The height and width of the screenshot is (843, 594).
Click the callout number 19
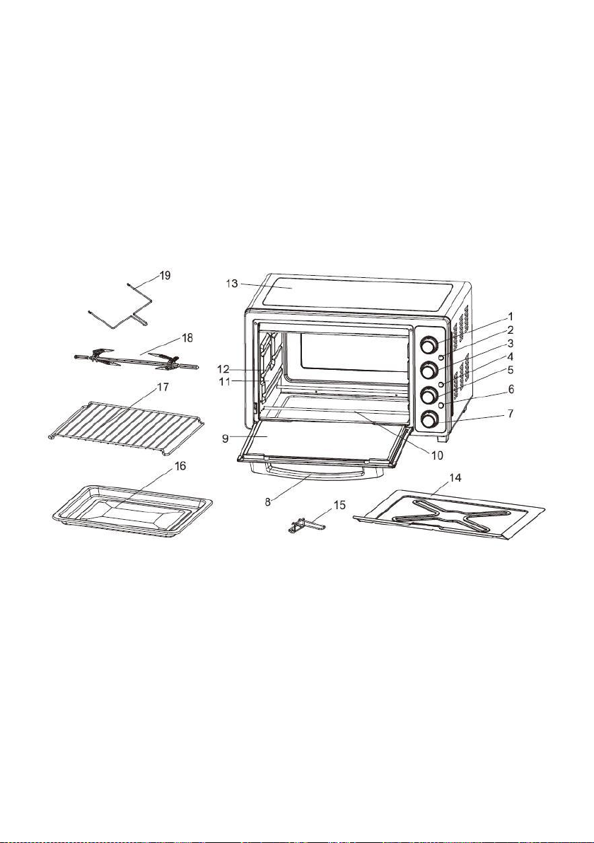(x=165, y=275)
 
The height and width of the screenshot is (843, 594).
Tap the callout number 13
(x=232, y=284)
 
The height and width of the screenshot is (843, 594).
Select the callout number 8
(x=267, y=501)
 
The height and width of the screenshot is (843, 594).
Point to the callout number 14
(x=455, y=477)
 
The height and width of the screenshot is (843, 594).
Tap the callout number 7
(x=510, y=414)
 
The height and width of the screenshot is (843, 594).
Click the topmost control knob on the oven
(x=429, y=344)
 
